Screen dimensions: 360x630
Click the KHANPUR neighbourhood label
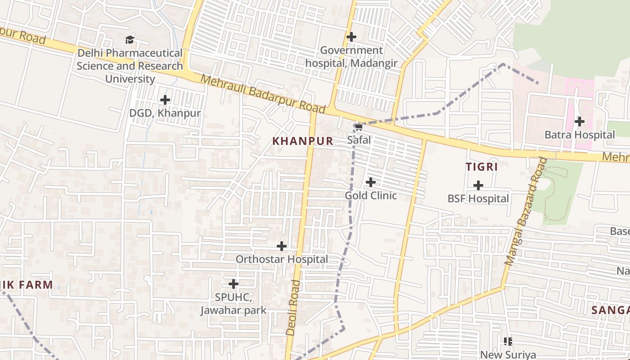[303, 141]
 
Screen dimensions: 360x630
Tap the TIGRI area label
[481, 167]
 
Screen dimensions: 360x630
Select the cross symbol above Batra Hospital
[580, 121]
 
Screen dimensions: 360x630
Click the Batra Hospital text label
[580, 135]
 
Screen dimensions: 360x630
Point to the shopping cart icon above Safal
[359, 127]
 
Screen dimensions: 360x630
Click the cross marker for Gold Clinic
[370, 182]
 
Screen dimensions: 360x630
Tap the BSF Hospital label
[478, 198]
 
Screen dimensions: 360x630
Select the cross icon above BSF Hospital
[478, 185]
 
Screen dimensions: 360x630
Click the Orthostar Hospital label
[282, 259]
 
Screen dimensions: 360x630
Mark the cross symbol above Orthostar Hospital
[282, 246]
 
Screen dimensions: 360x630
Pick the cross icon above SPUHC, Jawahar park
[234, 284]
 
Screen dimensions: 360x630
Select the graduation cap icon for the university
[130, 40]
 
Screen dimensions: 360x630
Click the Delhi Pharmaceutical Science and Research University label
[130, 66]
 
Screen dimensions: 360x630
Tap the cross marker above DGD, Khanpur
[165, 100]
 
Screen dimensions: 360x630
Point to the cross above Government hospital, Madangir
[351, 37]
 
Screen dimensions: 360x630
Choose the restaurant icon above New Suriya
[508, 342]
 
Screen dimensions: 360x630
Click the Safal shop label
[359, 140]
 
